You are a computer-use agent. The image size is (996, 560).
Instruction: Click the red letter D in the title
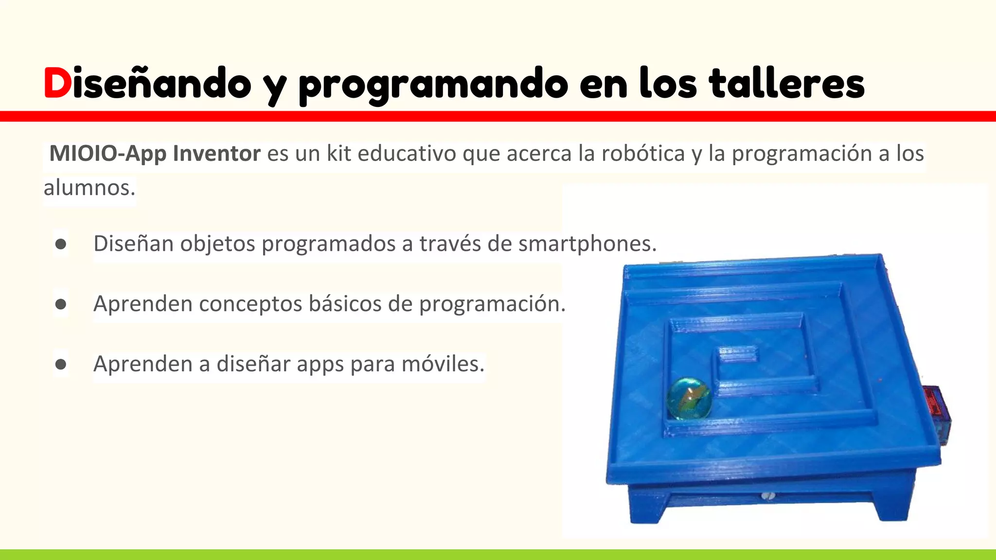57,83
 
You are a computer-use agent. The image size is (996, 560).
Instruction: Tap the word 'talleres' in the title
786,83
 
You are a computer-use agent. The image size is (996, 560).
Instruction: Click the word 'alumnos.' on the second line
89,188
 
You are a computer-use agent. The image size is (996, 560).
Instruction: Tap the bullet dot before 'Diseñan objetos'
61,244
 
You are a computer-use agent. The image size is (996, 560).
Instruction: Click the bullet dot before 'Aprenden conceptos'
61,304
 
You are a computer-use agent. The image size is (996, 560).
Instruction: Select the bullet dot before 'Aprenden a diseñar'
61,364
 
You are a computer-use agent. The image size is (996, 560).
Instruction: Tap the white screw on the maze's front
768,496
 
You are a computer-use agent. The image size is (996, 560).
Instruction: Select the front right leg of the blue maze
892,506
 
